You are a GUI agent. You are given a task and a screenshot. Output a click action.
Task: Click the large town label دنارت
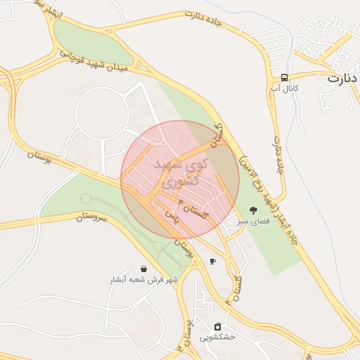tap(343, 78)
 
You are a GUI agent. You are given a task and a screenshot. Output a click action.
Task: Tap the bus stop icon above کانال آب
tap(284, 77)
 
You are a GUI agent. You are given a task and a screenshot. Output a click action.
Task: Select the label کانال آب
tap(285, 89)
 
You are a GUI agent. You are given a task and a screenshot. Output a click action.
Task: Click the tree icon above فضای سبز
tap(253, 210)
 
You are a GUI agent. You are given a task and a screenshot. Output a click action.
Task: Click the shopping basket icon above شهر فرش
tap(144, 269)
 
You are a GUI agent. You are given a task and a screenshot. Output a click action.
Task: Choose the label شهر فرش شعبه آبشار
tap(144, 279)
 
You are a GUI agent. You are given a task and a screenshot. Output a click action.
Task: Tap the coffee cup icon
tap(212, 262)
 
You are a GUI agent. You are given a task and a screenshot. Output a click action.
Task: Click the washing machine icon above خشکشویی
tap(217, 326)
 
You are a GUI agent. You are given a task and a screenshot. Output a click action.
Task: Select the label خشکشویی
tap(217, 337)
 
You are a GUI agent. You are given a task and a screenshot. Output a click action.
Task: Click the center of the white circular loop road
tap(103, 113)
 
